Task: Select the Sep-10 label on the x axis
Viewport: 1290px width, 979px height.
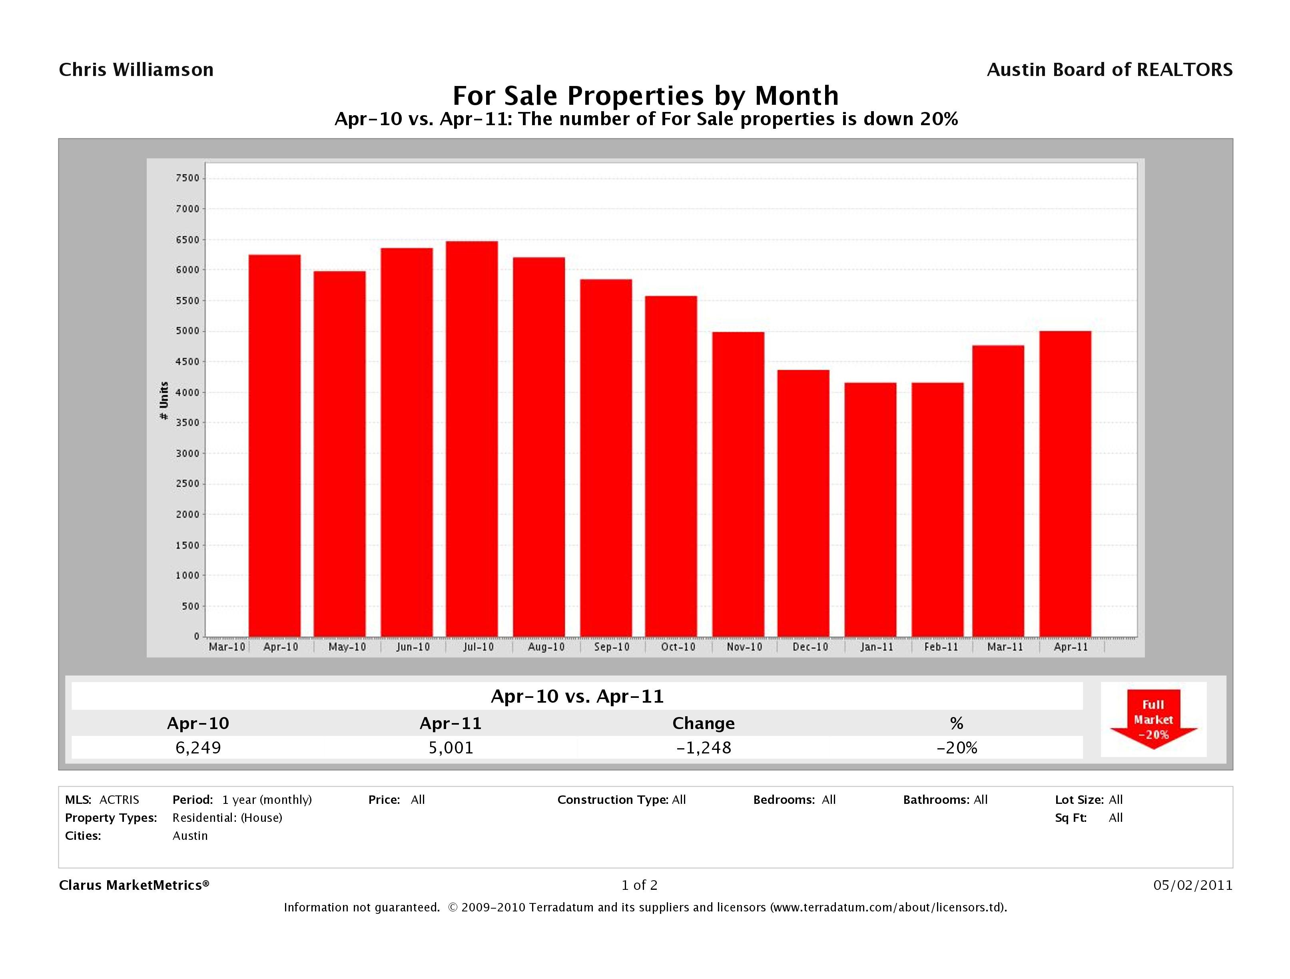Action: pyautogui.click(x=612, y=647)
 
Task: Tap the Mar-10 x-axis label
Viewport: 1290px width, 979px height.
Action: pyautogui.click(x=227, y=647)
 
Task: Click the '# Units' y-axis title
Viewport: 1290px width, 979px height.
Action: pyautogui.click(x=164, y=401)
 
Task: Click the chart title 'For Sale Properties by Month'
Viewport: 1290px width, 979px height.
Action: pyautogui.click(x=645, y=96)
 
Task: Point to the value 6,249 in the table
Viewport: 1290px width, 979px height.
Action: pyautogui.click(x=198, y=747)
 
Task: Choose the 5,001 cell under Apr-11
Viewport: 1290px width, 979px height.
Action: pyautogui.click(x=451, y=747)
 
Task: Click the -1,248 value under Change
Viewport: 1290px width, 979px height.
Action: pyautogui.click(x=703, y=747)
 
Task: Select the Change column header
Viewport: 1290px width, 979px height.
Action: pyautogui.click(x=703, y=723)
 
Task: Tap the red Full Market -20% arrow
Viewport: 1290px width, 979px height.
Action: pyautogui.click(x=1153, y=719)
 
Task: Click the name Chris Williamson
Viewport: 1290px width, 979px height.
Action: pyautogui.click(x=136, y=70)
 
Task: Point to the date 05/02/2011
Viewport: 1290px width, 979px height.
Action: pyautogui.click(x=1192, y=885)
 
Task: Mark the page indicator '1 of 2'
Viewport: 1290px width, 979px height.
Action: pyautogui.click(x=639, y=885)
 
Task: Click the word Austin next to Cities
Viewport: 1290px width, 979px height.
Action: pyautogui.click(x=190, y=835)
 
